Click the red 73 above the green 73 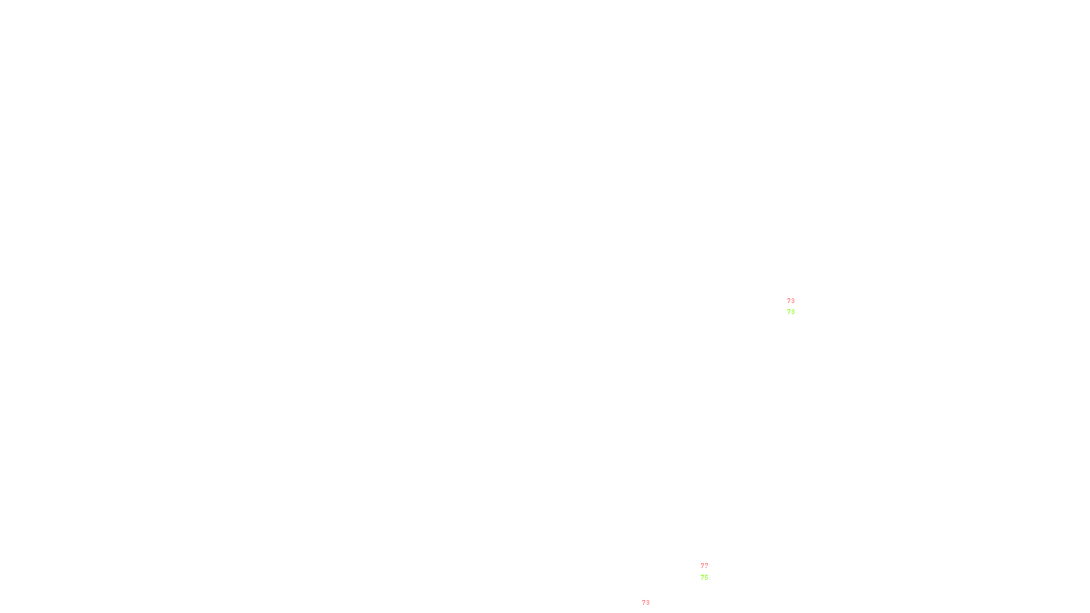[790, 300]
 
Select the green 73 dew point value [790, 312]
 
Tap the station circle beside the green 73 [797, 306]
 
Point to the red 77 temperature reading [704, 566]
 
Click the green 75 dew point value [704, 578]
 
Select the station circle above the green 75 [711, 571]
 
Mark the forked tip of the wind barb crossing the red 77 [701, 560]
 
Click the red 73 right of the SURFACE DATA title [646, 603]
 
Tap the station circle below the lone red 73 [653, 609]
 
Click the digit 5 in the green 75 [706, 578]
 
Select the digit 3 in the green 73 [792, 312]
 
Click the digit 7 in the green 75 [702, 578]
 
